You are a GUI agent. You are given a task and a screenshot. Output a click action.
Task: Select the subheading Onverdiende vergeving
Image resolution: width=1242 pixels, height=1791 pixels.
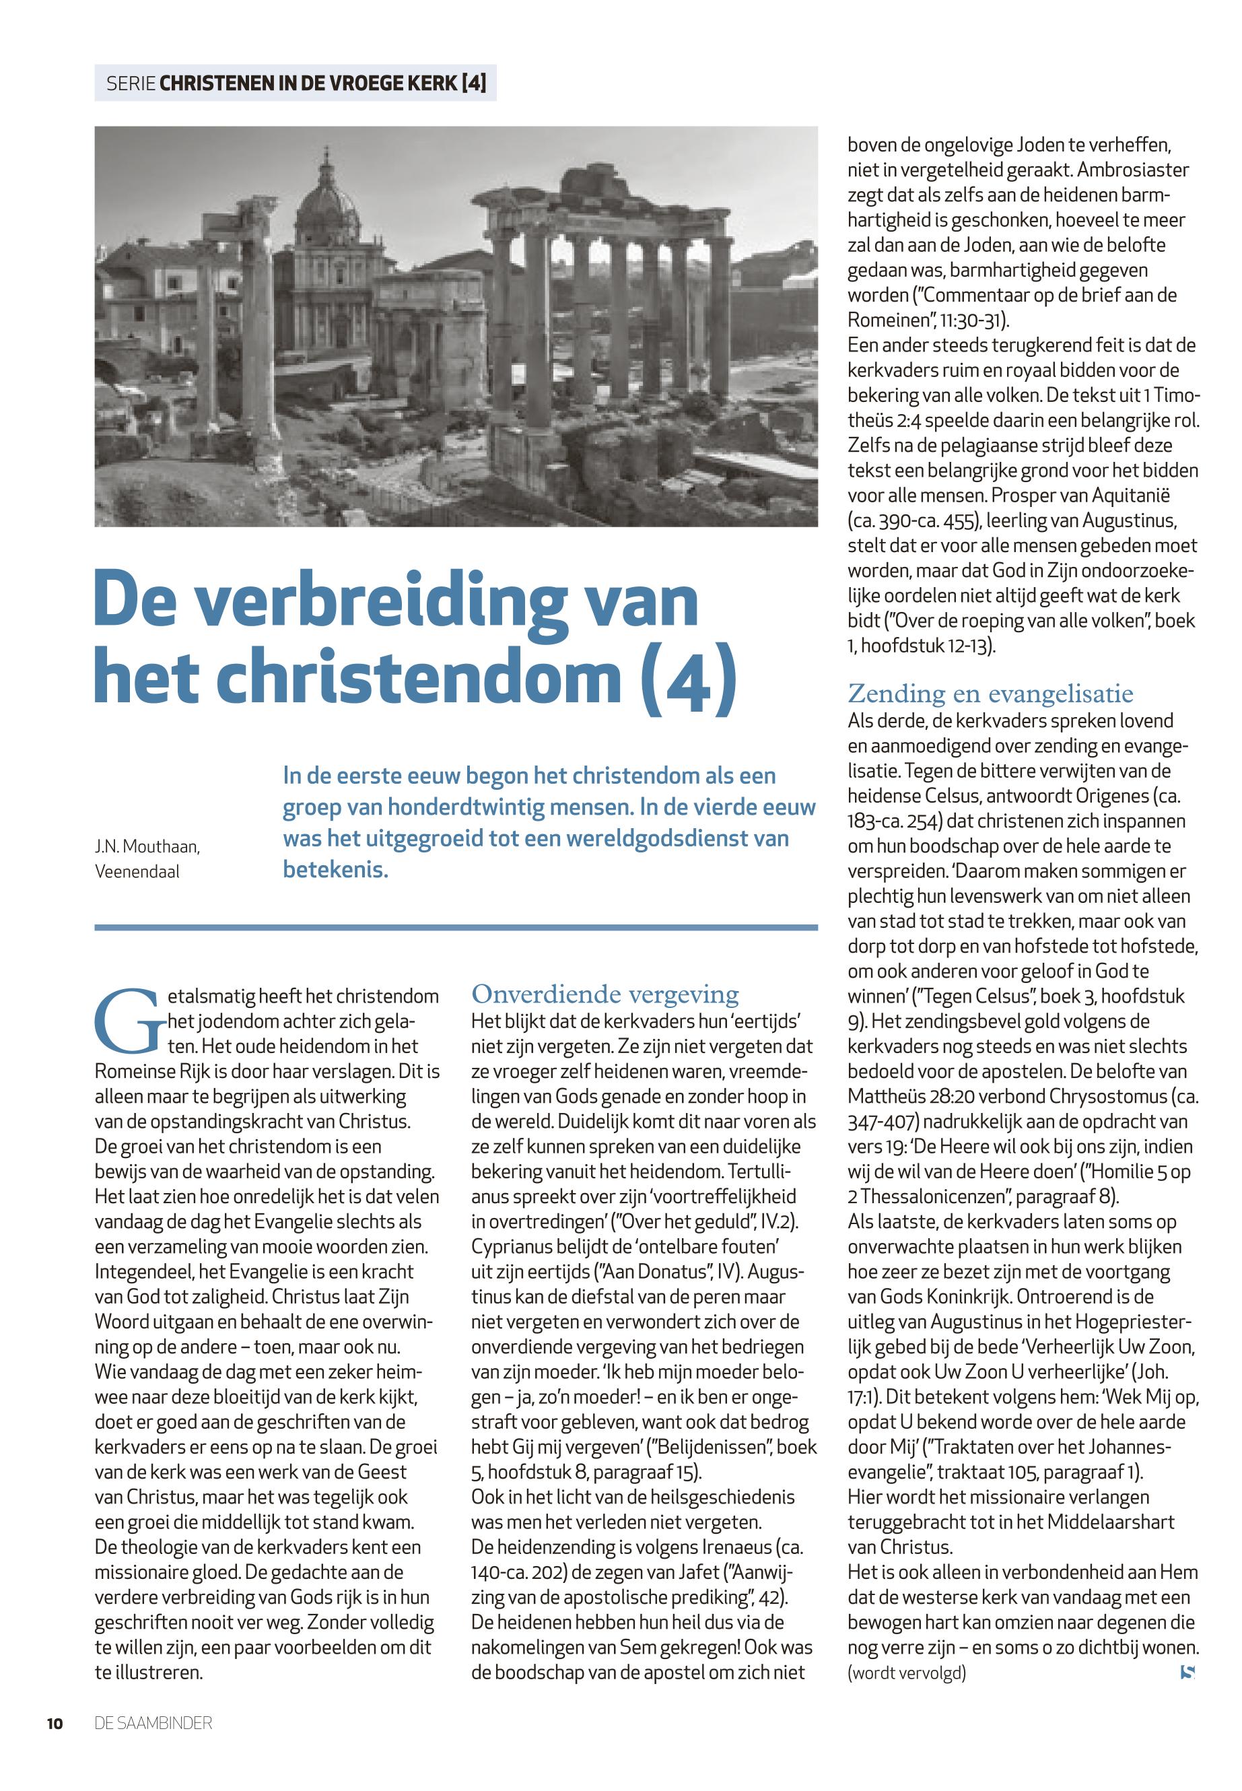pyautogui.click(x=605, y=994)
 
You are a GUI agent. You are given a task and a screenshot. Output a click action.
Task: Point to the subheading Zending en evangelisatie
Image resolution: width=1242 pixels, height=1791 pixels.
pyautogui.click(x=990, y=693)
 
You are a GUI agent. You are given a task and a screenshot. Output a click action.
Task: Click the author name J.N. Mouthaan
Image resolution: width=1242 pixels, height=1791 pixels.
pyautogui.click(x=147, y=846)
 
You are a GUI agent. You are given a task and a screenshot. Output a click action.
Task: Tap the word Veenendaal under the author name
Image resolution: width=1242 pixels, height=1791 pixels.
pyautogui.click(x=137, y=871)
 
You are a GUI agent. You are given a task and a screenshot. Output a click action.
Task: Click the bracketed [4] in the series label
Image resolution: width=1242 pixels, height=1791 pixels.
pyautogui.click(x=474, y=83)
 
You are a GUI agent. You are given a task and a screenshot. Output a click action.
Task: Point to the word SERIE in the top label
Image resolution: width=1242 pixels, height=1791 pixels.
pyautogui.click(x=130, y=83)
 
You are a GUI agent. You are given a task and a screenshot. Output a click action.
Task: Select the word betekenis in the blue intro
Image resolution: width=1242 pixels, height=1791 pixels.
pyautogui.click(x=335, y=869)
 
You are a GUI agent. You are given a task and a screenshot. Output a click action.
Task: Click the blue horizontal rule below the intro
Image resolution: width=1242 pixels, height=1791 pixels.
pyautogui.click(x=455, y=927)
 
